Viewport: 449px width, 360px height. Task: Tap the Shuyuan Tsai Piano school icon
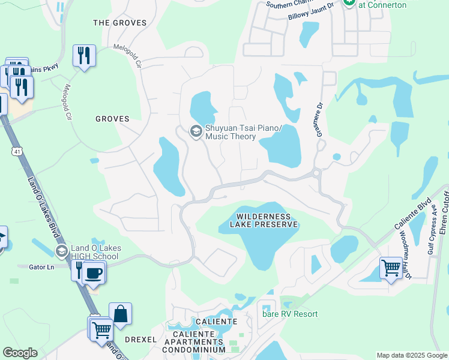196,131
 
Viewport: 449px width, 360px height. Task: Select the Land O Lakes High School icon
61,251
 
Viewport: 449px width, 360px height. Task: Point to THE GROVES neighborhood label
120,23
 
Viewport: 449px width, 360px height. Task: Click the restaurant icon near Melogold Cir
84,56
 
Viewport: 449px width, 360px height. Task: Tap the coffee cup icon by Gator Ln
93,273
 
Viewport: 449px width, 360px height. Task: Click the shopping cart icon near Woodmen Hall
391,267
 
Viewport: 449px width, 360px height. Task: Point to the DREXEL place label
140,339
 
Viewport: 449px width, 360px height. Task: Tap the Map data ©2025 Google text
412,355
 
